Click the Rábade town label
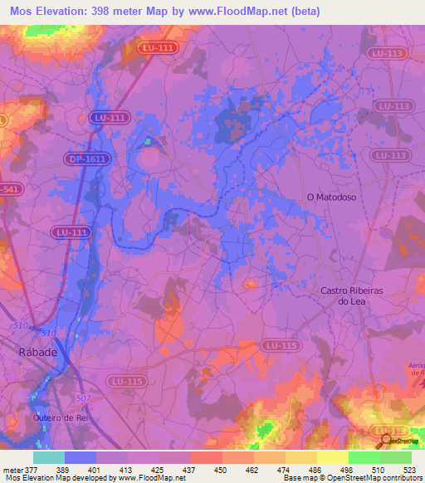(x=37, y=352)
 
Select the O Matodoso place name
(x=332, y=197)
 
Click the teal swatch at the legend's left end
(x=49, y=457)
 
